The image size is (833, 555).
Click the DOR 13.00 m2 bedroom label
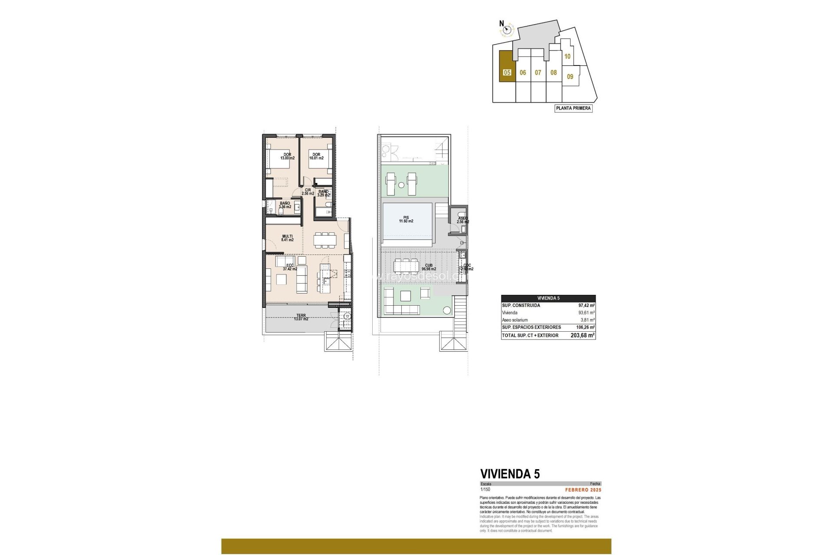(287, 156)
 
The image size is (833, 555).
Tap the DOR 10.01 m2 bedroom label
(316, 156)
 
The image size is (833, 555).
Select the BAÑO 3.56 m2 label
(285, 205)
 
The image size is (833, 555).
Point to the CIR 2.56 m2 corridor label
(308, 192)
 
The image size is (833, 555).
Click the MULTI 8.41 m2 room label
(287, 238)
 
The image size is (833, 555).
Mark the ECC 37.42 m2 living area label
(290, 267)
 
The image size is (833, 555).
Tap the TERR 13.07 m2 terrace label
(301, 317)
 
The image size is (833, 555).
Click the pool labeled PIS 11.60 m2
(406, 219)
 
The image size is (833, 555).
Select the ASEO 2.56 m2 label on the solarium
(462, 220)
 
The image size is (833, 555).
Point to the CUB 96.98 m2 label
(428, 267)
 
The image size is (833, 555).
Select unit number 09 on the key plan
(570, 76)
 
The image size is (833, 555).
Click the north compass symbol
(506, 30)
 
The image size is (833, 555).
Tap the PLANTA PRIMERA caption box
(573, 108)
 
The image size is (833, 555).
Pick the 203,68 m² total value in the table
(582, 335)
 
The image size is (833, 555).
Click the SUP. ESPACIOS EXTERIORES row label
(531, 327)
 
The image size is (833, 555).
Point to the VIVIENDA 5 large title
(510, 474)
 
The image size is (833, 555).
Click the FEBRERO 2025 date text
(583, 490)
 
